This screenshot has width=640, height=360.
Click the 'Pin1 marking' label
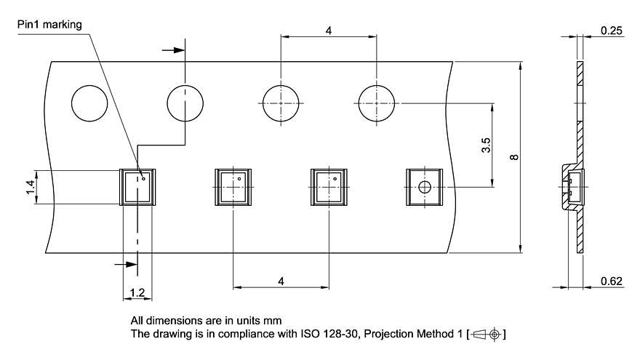point(49,25)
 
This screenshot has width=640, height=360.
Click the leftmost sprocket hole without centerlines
point(89,103)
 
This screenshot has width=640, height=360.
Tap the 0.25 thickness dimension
point(611,31)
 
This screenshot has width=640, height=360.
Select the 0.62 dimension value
point(611,281)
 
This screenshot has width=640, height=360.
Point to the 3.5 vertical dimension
point(486,145)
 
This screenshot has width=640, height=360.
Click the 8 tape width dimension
point(514,157)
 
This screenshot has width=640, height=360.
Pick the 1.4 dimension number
point(31,187)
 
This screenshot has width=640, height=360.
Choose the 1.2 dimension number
point(137,292)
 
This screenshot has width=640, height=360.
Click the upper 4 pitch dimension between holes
point(329,31)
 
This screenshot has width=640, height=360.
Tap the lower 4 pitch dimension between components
point(281,281)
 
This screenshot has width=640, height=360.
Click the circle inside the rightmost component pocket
point(425,188)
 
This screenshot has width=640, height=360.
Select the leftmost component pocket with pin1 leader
point(137,187)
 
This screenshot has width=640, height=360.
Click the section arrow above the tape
point(174,50)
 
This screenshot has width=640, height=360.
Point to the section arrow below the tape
point(126,265)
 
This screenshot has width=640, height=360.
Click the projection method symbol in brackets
point(486,335)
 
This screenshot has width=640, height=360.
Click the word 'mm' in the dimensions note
point(273,321)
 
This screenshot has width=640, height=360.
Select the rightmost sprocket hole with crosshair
point(376,103)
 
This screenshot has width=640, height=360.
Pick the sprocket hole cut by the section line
point(185,103)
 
